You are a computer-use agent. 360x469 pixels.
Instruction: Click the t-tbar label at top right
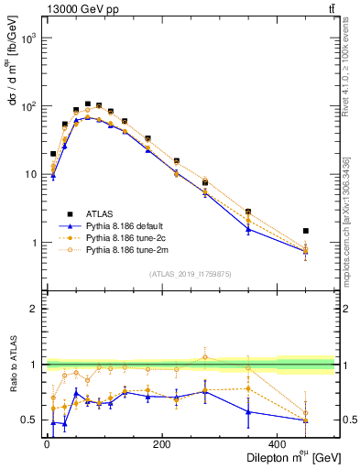pyautogui.click(x=329, y=11)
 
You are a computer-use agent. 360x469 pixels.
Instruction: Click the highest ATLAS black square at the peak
pyautogui.click(x=87, y=104)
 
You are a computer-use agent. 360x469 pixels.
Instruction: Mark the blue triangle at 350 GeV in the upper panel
pyautogui.click(x=248, y=228)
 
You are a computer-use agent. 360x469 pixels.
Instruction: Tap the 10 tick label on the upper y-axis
pyautogui.click(x=29, y=174)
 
